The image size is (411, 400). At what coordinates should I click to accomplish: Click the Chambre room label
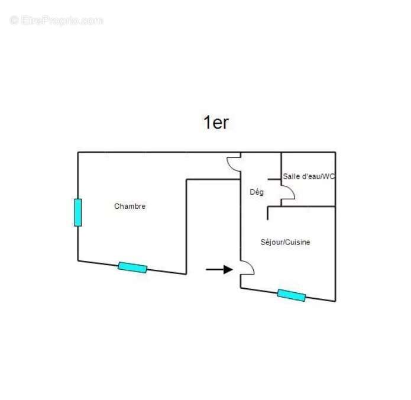[130, 206]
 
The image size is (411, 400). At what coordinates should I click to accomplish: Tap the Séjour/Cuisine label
[285, 242]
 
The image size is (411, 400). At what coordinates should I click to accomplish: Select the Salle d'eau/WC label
[309, 176]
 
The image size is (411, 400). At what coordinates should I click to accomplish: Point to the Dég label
[257, 192]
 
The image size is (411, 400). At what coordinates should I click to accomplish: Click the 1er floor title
[216, 122]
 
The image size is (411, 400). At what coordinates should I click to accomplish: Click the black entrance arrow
[219, 269]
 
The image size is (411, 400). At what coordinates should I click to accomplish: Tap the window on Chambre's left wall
[78, 212]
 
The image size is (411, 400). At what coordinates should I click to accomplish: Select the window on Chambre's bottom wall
[132, 267]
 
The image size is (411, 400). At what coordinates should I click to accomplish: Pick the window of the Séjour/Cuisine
[292, 295]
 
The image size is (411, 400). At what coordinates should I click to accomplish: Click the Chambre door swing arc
[230, 166]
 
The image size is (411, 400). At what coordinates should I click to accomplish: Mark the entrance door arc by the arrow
[250, 264]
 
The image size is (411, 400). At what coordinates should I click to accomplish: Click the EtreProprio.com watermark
[56, 21]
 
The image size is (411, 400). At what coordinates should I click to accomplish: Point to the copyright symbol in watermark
[14, 21]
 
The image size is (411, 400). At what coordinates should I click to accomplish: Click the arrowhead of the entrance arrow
[228, 269]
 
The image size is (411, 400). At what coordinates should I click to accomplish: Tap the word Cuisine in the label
[297, 242]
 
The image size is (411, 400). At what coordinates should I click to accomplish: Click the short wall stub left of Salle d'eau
[274, 179]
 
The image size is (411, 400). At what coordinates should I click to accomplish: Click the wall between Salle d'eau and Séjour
[309, 207]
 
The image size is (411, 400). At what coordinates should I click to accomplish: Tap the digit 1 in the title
[207, 122]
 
